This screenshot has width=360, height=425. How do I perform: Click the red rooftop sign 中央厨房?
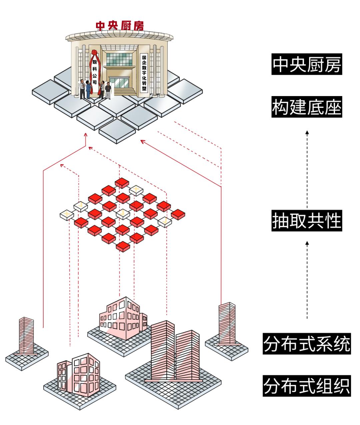[x=120, y=26]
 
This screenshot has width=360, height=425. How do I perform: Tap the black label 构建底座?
[x=306, y=107]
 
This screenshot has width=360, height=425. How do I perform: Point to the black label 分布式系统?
[x=306, y=344]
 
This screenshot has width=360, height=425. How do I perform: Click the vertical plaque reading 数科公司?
[x=95, y=72]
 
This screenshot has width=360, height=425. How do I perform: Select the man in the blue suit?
[x=88, y=89]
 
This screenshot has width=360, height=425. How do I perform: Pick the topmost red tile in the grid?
[x=122, y=183]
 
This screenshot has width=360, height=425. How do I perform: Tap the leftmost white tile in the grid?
[x=66, y=215]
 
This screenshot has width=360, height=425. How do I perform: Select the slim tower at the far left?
[x=26, y=335]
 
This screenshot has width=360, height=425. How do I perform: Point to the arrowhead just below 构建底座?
[x=307, y=132]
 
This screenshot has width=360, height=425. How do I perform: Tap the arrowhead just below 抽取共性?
[x=307, y=244]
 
